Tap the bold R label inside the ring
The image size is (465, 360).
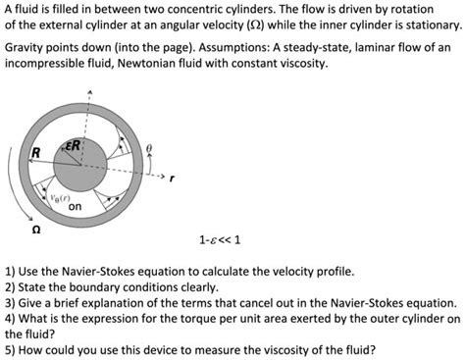[36, 151]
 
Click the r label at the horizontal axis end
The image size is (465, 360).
[172, 179]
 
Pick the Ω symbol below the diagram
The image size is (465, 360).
[36, 231]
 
